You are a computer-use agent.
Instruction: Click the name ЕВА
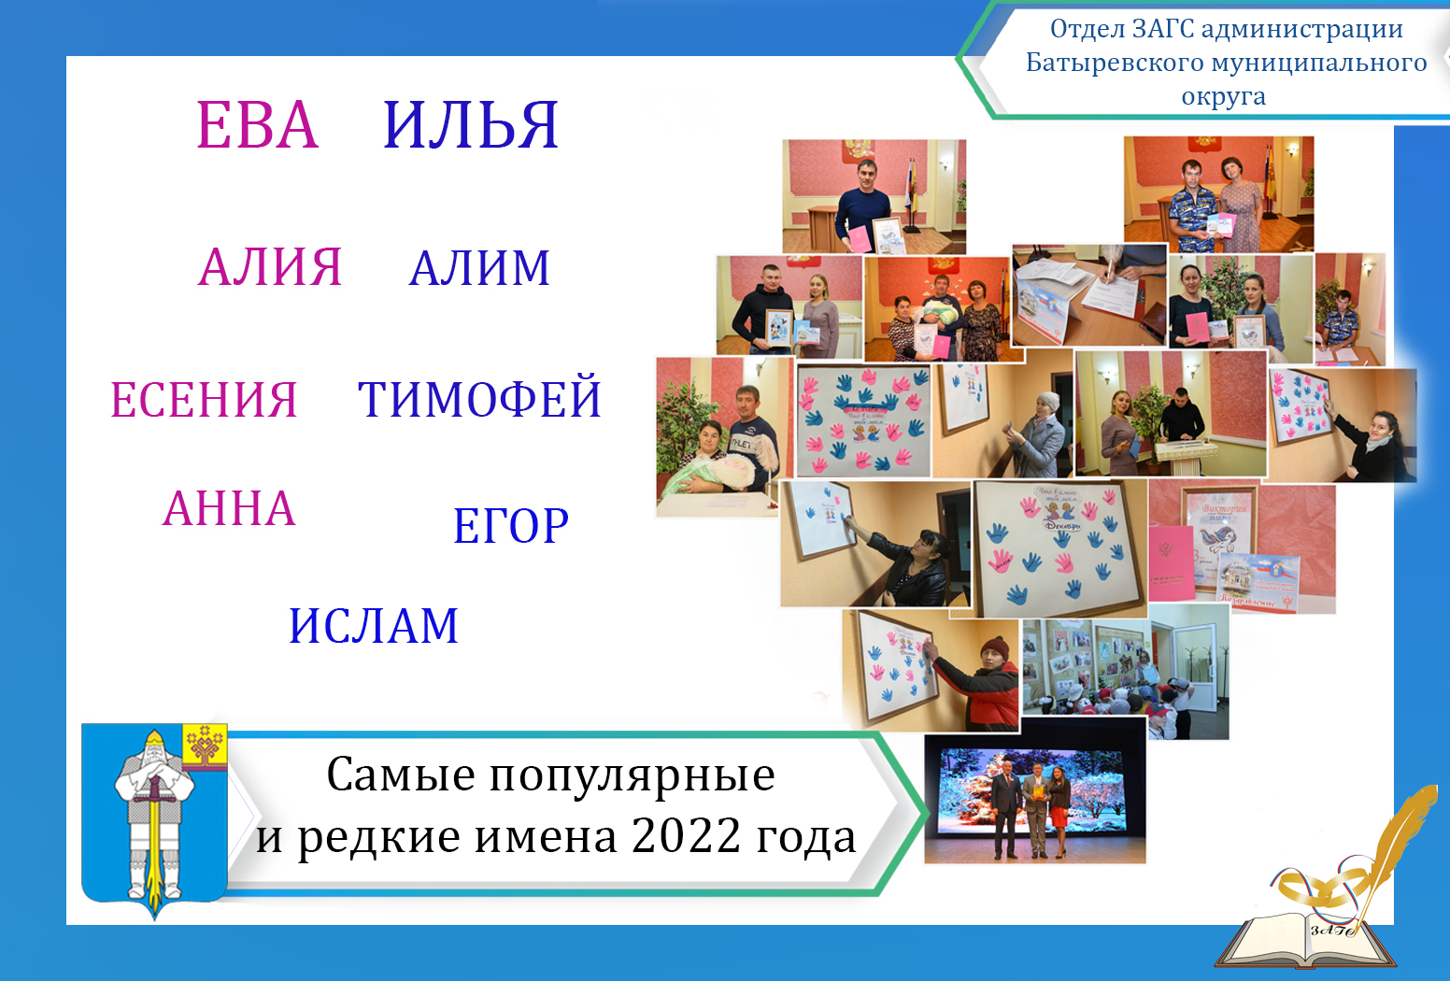click(257, 125)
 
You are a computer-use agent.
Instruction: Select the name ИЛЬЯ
click(471, 125)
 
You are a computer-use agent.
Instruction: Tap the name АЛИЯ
click(270, 267)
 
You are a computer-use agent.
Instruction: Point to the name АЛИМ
click(479, 269)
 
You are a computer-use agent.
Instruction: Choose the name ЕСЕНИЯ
click(204, 400)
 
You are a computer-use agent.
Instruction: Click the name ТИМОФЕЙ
click(479, 400)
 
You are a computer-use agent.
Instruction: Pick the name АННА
click(229, 509)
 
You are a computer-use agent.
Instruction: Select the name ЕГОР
click(511, 526)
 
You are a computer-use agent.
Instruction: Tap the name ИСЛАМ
click(374, 626)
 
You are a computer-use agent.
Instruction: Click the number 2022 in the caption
click(687, 835)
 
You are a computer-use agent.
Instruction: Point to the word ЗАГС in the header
click(1163, 29)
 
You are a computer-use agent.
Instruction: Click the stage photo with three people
click(1034, 800)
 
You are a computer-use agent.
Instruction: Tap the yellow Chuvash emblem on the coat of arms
click(205, 746)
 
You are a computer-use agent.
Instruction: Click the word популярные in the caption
click(632, 775)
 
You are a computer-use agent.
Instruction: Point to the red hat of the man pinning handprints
click(998, 647)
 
